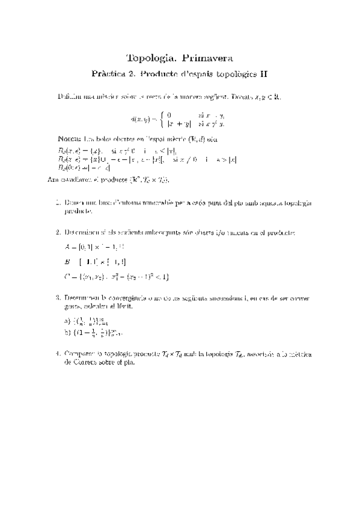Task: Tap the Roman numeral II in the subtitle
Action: (x=262, y=75)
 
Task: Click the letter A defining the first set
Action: (x=67, y=247)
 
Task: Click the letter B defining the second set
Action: (x=67, y=262)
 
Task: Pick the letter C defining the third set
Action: (x=67, y=277)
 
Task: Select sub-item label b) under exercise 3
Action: (x=67, y=331)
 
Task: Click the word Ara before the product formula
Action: (x=53, y=179)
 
